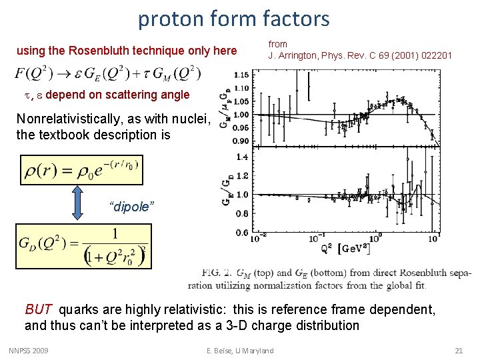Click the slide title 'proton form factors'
(233, 19)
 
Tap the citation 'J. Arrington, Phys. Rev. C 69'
(360, 55)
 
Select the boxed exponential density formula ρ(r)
(81, 170)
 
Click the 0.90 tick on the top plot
(240, 141)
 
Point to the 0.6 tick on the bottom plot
(242, 233)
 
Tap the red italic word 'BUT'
(38, 309)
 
